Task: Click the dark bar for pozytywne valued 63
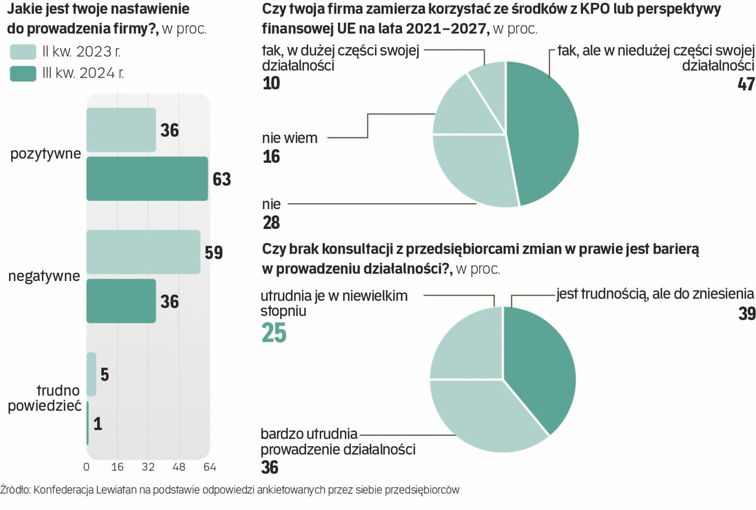pyautogui.click(x=147, y=178)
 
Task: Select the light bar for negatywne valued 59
pyautogui.click(x=143, y=252)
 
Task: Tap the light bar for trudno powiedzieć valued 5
pyautogui.click(x=91, y=374)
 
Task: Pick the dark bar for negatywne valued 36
pyautogui.click(x=121, y=301)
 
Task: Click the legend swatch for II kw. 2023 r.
pyautogui.click(x=23, y=51)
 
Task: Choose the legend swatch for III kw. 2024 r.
pyautogui.click(x=23, y=74)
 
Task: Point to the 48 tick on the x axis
pyautogui.click(x=179, y=467)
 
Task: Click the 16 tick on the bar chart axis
pyautogui.click(x=117, y=467)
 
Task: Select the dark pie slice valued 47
pyautogui.click(x=543, y=132)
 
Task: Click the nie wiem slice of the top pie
pyautogui.click(x=461, y=109)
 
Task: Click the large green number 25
pyautogui.click(x=274, y=332)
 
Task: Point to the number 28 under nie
pyautogui.click(x=271, y=222)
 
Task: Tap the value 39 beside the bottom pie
pyautogui.click(x=747, y=314)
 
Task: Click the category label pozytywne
pyautogui.click(x=45, y=154)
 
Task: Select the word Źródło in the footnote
pyautogui.click(x=15, y=490)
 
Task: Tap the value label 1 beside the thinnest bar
pyautogui.click(x=98, y=424)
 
